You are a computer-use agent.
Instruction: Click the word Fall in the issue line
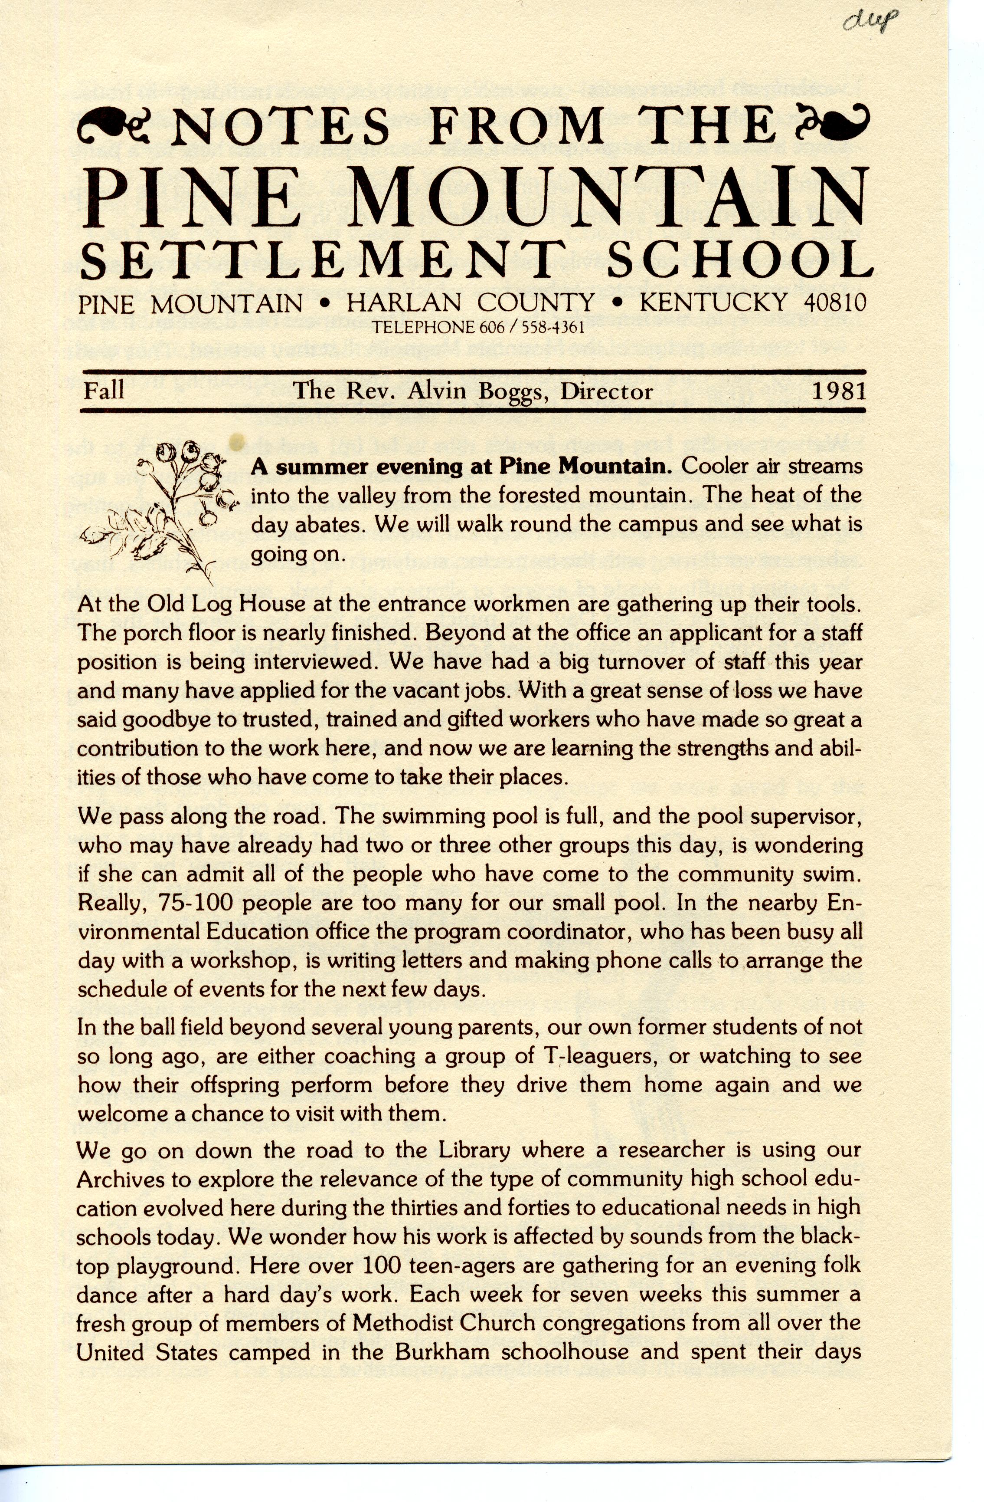(104, 391)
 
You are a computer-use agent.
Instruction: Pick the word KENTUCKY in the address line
(713, 303)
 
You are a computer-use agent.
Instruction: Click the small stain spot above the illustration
(237, 440)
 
